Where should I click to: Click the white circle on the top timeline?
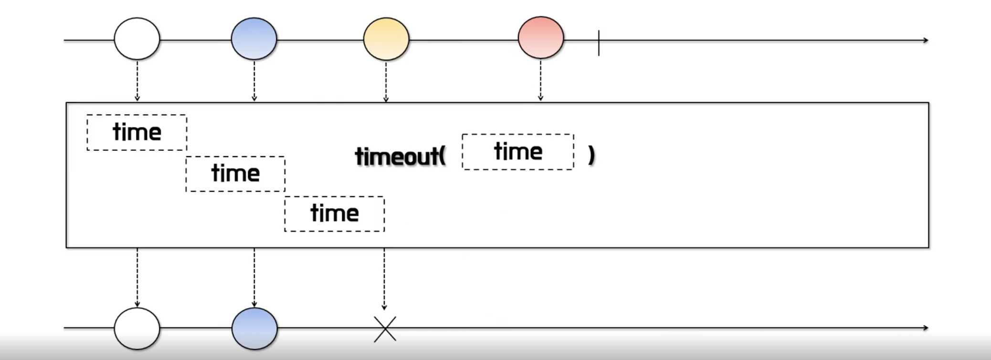click(x=137, y=39)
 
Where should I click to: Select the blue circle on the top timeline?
click(x=254, y=39)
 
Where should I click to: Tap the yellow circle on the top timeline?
click(x=386, y=39)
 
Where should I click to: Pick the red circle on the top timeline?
click(x=541, y=38)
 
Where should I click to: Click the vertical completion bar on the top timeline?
click(x=599, y=42)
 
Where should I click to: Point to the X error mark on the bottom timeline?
click(x=385, y=329)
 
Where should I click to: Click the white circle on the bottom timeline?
click(x=137, y=328)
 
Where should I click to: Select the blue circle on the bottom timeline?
click(x=254, y=328)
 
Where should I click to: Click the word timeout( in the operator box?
click(x=400, y=156)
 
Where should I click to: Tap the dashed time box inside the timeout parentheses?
click(x=518, y=152)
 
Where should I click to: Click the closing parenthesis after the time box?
click(x=591, y=155)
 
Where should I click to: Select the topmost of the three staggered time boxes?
click(x=137, y=132)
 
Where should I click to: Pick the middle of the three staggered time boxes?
click(x=235, y=173)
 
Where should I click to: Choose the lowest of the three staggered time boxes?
click(x=334, y=213)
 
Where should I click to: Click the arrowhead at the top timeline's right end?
click(x=925, y=40)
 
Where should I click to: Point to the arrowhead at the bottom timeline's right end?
click(x=925, y=328)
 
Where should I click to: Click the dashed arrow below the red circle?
click(x=540, y=80)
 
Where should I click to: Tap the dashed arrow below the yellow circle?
click(x=386, y=81)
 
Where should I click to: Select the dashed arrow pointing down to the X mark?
click(x=384, y=279)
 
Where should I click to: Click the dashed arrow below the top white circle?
click(x=137, y=80)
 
